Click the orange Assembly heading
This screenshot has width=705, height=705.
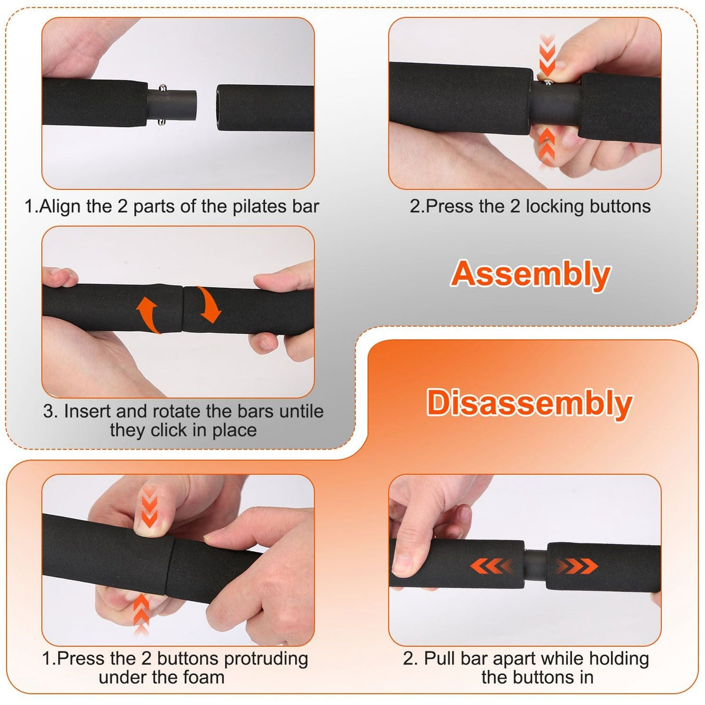[x=530, y=274]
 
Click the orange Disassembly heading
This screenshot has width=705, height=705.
[x=529, y=403]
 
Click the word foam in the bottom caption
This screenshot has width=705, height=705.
[x=203, y=677]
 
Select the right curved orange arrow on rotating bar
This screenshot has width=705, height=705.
[x=208, y=304]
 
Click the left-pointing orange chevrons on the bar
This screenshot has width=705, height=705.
[x=491, y=566]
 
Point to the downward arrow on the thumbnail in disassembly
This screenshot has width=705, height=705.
[x=149, y=507]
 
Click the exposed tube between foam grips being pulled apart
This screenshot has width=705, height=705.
[x=535, y=565]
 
